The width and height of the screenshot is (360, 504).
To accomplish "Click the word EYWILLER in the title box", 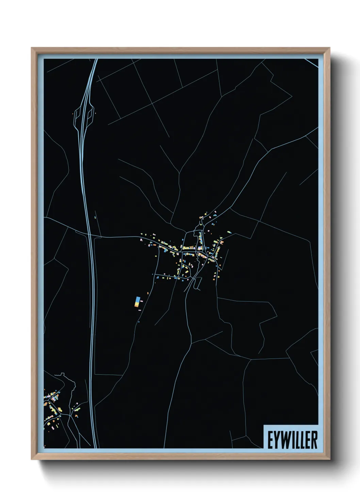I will (x=292, y=440).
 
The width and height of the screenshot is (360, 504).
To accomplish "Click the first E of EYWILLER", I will (x=269, y=440).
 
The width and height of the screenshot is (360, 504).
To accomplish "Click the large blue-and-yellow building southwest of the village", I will (x=137, y=302).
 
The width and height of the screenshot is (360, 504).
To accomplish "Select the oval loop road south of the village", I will (x=197, y=283).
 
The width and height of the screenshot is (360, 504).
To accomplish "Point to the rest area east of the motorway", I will (x=91, y=114).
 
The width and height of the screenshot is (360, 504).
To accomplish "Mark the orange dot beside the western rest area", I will (x=73, y=114).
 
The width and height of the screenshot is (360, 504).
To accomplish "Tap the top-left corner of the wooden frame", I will (x=32, y=48).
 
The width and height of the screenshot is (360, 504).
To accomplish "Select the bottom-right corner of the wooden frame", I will (x=329, y=459).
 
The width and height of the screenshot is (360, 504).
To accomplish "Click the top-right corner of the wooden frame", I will (x=329, y=48).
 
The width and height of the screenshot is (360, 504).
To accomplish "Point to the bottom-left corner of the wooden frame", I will (x=32, y=459).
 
